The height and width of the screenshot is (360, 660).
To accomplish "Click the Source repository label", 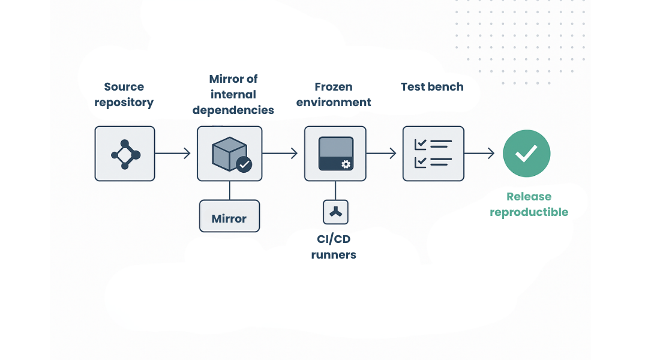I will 124,95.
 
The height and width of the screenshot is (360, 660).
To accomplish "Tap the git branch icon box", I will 125,154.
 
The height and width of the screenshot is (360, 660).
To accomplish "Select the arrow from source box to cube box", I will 173,154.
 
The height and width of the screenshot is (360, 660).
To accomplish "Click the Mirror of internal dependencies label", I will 233,95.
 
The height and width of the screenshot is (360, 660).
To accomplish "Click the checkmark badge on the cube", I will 244,164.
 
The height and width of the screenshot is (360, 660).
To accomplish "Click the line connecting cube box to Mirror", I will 230,190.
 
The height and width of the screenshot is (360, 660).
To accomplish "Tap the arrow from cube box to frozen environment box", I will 280,154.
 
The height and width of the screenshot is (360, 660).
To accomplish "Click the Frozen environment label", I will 334,95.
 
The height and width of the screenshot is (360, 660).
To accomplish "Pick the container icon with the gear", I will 335,154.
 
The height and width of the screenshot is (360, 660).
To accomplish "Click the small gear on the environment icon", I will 346,164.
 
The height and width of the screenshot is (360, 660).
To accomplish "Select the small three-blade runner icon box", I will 336,212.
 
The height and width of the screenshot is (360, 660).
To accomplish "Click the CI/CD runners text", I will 334,247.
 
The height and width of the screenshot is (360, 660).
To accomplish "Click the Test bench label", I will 432,87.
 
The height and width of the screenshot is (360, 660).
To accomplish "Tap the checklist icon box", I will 433,154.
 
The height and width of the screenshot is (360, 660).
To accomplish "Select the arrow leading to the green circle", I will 479,154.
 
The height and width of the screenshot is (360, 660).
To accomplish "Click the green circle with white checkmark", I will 526,154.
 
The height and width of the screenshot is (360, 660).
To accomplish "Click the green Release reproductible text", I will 529,204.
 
